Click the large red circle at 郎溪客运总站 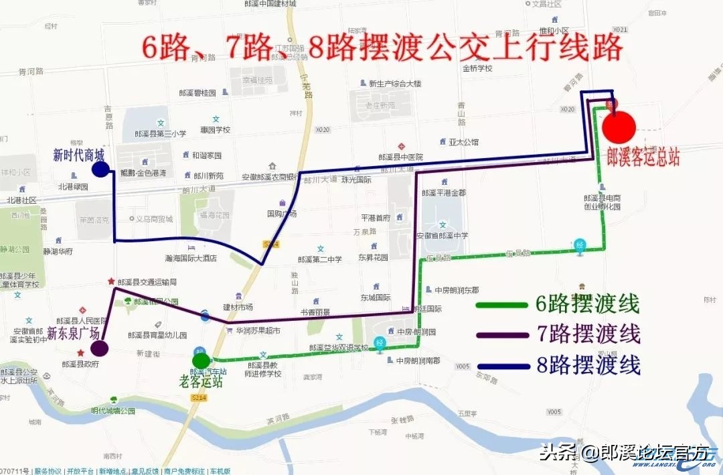tap(619, 126)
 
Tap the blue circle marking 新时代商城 tap(100, 169)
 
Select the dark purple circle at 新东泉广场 tap(100, 348)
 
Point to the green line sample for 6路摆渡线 tap(501, 306)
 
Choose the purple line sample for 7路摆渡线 tap(501, 335)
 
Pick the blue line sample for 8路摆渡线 tap(501, 366)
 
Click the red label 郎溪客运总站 tap(643, 157)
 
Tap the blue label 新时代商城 tap(79, 155)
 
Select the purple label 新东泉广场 tap(74, 333)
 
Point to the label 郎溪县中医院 tap(402, 156)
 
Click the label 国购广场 tap(282, 214)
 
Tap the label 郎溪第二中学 tap(320, 259)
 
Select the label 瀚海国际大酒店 tap(190, 257)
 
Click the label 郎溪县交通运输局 tap(147, 282)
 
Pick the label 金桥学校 tap(477, 68)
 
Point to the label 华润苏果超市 tap(257, 330)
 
